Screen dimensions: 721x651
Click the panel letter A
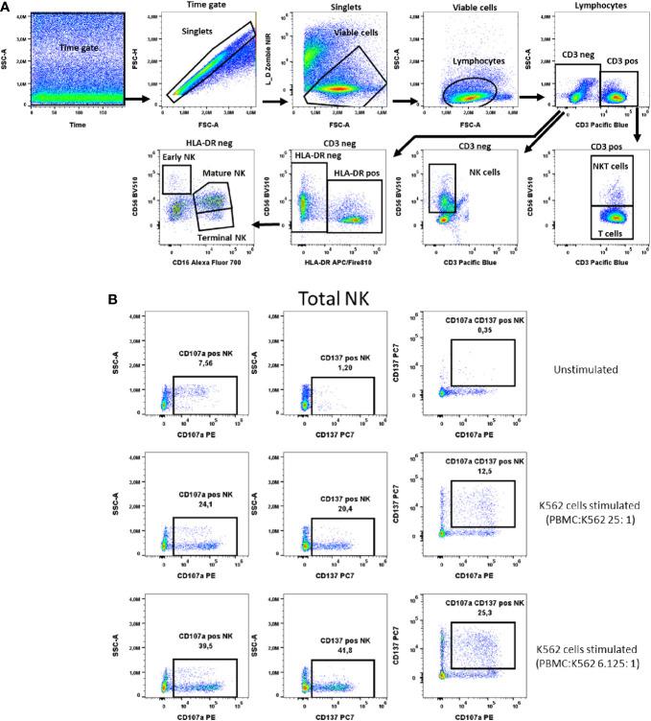[7, 8]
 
